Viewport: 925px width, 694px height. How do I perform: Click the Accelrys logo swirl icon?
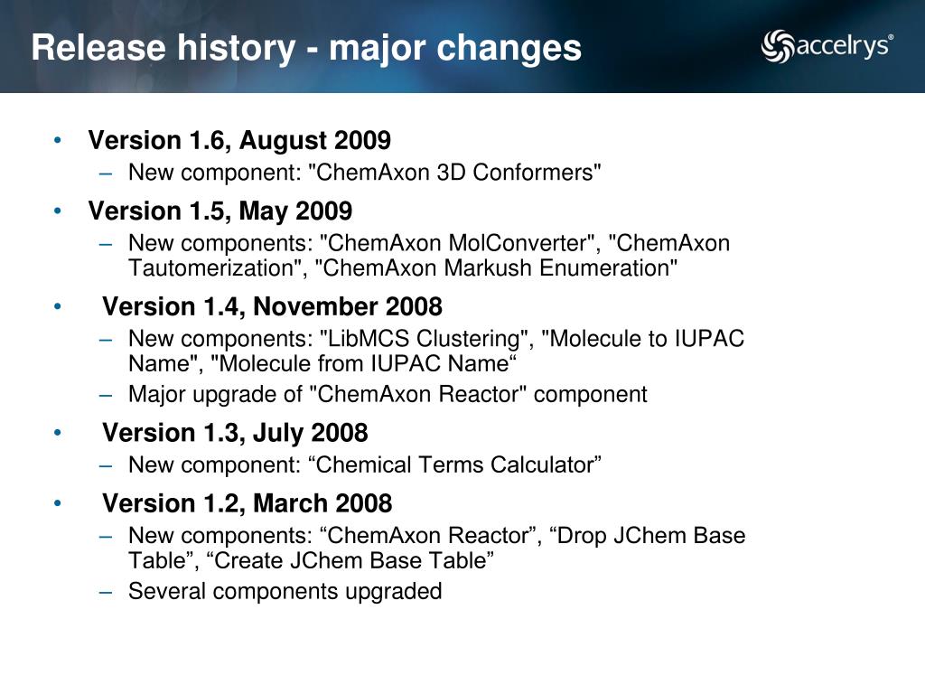[x=778, y=45]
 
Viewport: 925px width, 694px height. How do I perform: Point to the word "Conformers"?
[x=537, y=173]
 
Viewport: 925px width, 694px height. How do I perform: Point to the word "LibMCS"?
[x=365, y=339]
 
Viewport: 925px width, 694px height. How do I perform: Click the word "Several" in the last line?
[x=167, y=591]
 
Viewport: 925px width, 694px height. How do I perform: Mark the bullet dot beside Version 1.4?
[x=57, y=306]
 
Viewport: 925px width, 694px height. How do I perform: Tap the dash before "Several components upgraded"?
[x=106, y=591]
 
